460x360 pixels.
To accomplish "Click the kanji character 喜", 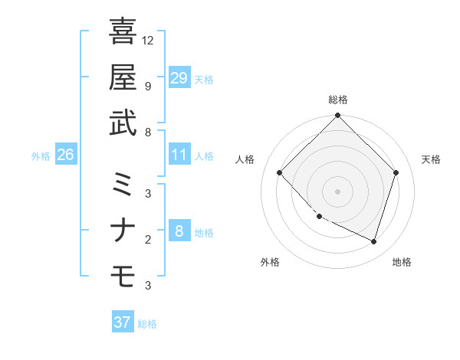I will [x=123, y=31].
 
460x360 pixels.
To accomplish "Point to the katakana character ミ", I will [x=123, y=185].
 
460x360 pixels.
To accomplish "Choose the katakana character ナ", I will [x=123, y=231].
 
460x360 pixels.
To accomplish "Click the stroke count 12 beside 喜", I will [x=149, y=40].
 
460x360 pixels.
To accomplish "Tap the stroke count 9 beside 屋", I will [x=147, y=86].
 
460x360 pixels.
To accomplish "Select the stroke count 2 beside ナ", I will [x=147, y=240].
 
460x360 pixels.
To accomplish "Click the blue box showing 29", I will [x=179, y=78].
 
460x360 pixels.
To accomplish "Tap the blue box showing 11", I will [x=179, y=155].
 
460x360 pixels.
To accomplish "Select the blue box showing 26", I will [x=65, y=155].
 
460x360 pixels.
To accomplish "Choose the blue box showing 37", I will [x=122, y=322].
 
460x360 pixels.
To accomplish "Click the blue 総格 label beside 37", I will [x=147, y=324].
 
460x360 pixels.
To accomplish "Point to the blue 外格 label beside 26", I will [x=41, y=156].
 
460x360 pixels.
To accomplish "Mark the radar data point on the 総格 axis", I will [x=337, y=116].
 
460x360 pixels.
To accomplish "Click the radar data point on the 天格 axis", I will [x=396, y=172].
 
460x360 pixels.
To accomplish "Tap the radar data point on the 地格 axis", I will [x=373, y=241].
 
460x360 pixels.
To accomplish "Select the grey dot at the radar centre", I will [x=337, y=191].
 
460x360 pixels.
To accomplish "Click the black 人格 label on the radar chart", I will [x=245, y=159].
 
